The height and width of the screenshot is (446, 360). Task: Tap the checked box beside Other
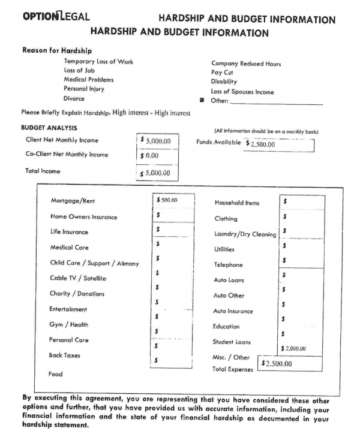(202, 101)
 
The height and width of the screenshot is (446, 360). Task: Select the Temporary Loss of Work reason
(98, 62)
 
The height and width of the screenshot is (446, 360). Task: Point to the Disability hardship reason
(224, 82)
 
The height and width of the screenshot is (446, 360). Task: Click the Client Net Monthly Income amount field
(155, 141)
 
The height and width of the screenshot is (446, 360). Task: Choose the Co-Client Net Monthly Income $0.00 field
(155, 156)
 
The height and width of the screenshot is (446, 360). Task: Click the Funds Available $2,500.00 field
(280, 144)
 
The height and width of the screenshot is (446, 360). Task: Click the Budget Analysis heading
(49, 128)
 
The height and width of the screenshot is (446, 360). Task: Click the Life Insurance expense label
(69, 232)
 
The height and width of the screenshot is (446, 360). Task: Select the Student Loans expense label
(231, 342)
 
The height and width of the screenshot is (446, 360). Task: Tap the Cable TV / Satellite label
(78, 278)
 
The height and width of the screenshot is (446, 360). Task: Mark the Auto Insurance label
(233, 311)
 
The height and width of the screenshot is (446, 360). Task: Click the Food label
(55, 374)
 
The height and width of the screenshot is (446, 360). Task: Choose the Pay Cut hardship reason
(222, 73)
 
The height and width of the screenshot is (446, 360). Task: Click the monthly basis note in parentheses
(266, 132)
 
